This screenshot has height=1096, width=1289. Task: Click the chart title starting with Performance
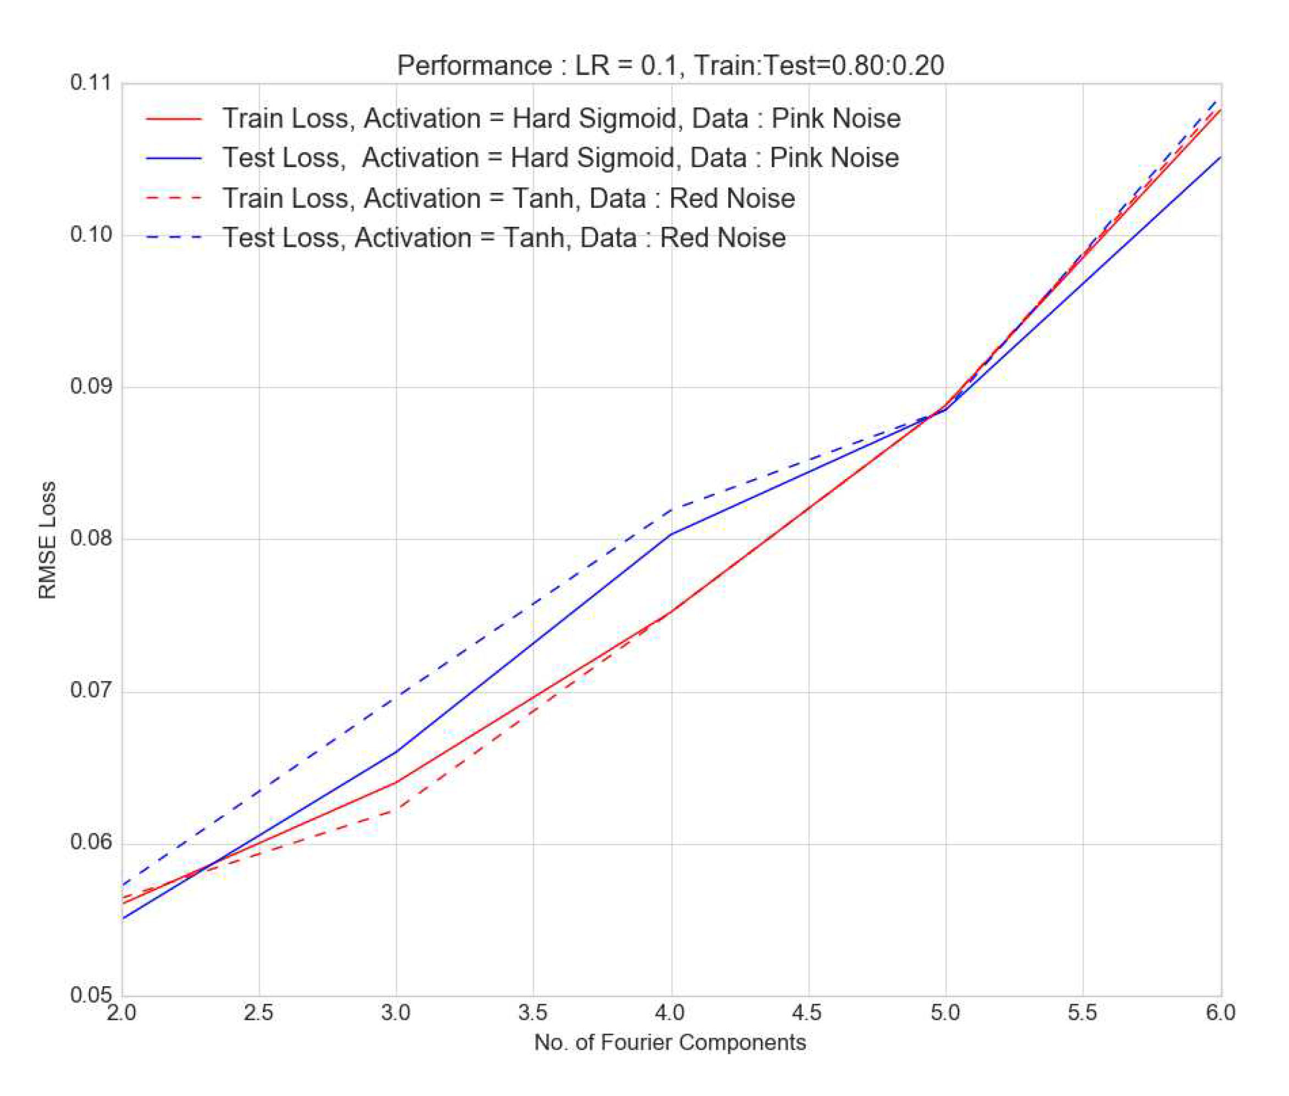click(x=670, y=65)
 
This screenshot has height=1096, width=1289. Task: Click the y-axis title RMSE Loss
click(x=47, y=540)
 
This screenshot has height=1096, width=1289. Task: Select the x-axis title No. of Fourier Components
click(x=670, y=1042)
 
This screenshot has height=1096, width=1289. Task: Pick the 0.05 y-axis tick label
click(x=91, y=995)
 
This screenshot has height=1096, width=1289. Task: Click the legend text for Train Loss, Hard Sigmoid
click(x=561, y=119)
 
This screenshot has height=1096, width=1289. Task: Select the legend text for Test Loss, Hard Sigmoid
click(x=560, y=158)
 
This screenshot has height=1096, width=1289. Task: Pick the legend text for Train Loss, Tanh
click(x=508, y=199)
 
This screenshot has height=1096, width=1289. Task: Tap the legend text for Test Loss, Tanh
click(x=504, y=238)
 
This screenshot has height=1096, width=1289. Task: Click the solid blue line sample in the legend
click(x=174, y=158)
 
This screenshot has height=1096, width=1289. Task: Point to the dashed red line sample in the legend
click(x=174, y=199)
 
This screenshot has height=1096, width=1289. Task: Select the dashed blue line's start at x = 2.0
click(x=123, y=884)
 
